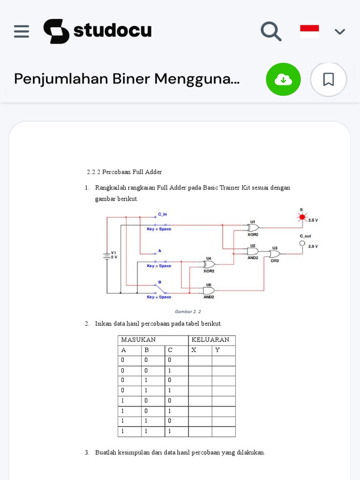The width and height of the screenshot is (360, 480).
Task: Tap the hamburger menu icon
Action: (22, 31)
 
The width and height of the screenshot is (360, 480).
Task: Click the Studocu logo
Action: (97, 31)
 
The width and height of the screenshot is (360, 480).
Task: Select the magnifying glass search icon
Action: (271, 31)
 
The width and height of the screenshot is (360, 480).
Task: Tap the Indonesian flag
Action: (309, 31)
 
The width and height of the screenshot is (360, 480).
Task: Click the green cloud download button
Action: (283, 79)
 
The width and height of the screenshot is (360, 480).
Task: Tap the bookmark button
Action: (328, 79)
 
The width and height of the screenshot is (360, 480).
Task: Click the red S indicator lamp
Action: (302, 217)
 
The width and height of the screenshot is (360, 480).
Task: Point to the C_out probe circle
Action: (302, 243)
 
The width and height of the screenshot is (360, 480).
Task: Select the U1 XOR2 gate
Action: (253, 228)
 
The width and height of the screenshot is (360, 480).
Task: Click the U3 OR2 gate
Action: (274, 254)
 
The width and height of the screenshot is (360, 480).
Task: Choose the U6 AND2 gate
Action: (209, 290)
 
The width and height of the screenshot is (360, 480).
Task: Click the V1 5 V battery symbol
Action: (107, 255)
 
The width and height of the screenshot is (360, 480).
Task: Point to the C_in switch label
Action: (162, 214)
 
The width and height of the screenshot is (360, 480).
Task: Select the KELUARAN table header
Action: (211, 340)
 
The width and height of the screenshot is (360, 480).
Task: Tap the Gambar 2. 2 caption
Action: (187, 311)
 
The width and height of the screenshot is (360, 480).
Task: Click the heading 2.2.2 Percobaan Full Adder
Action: (124, 172)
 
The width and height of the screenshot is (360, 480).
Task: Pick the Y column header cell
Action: (223, 350)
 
